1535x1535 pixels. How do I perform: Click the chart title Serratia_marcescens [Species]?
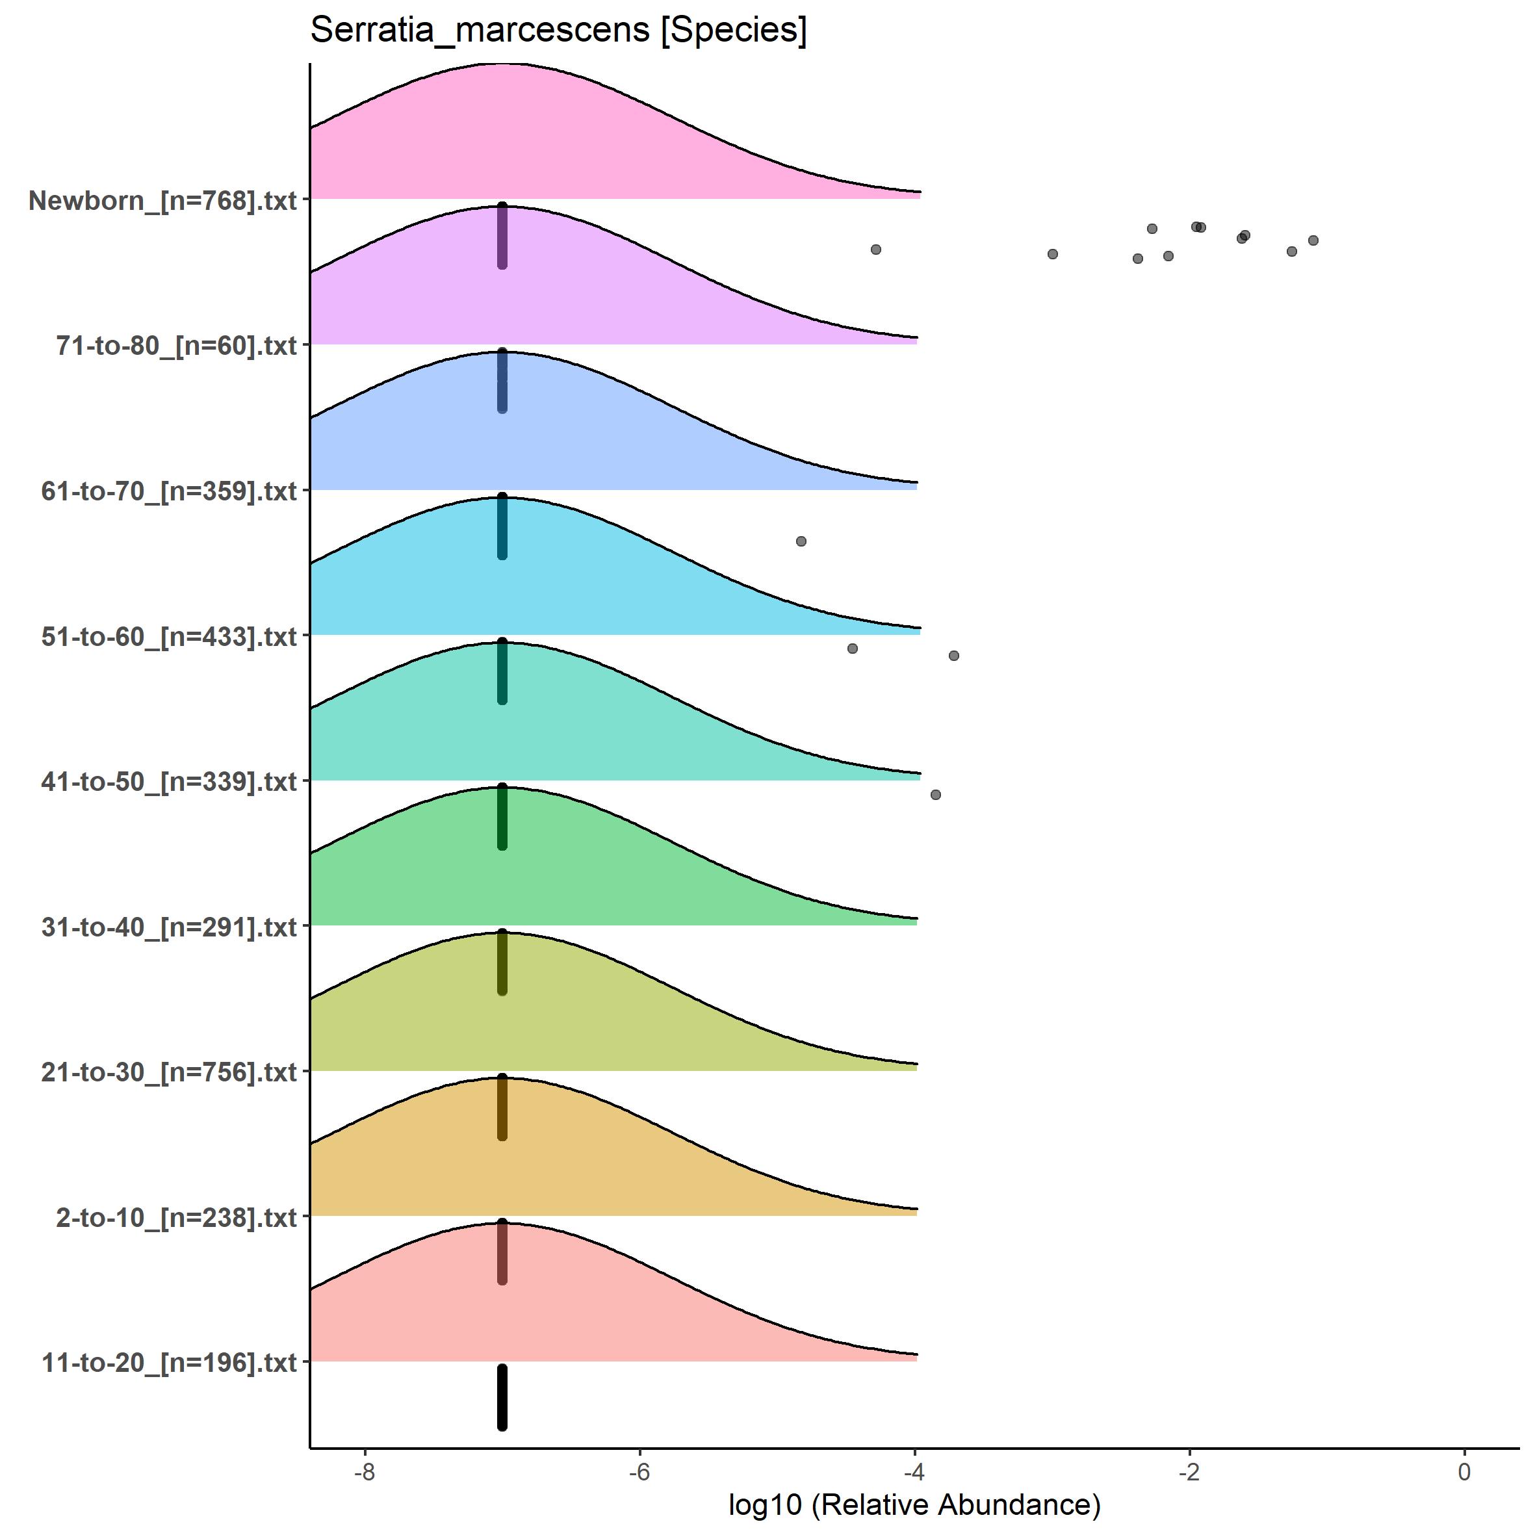point(558,30)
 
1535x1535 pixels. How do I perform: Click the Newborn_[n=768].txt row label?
point(163,200)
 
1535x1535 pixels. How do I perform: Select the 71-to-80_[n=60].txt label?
point(176,346)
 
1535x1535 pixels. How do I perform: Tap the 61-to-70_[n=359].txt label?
point(169,491)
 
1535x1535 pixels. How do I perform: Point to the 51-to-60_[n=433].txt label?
point(169,636)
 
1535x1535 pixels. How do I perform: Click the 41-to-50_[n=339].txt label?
point(169,782)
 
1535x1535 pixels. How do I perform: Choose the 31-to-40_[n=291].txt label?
point(169,927)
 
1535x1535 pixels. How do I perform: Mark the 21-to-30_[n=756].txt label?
point(169,1072)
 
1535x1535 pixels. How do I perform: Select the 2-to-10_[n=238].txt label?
point(176,1218)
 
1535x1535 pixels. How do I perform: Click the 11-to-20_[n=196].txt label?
point(169,1363)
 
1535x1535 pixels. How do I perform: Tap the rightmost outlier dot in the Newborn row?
point(1313,240)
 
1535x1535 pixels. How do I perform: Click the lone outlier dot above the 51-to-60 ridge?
point(801,541)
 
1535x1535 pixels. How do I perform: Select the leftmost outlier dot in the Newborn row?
point(875,250)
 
